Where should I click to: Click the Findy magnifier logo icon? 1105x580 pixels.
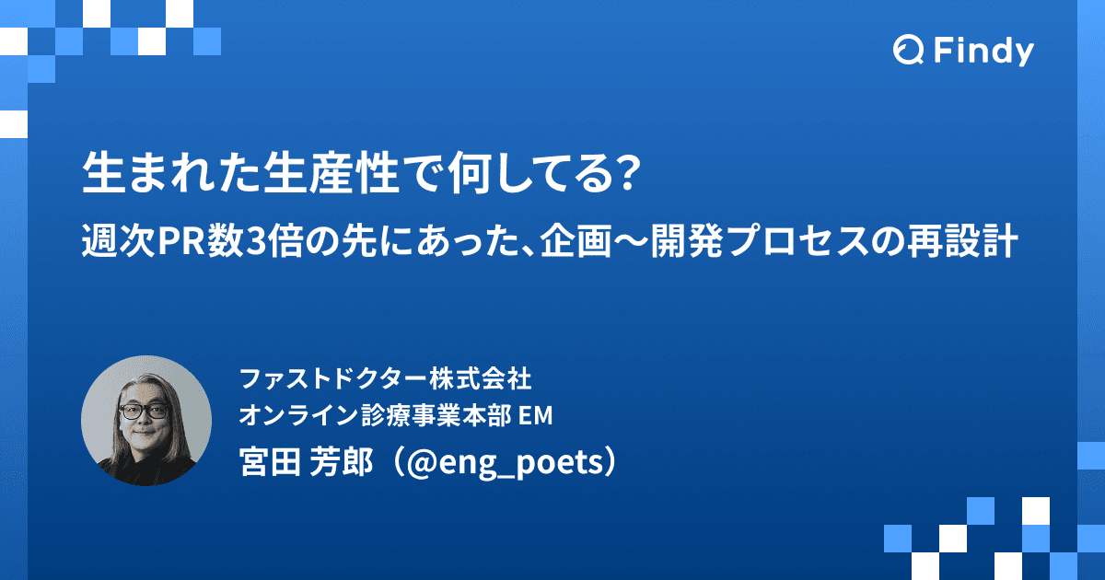(x=908, y=52)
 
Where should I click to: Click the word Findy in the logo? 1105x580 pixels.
(x=983, y=52)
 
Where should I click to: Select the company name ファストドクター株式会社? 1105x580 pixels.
(x=385, y=378)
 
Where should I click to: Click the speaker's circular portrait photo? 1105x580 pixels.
(x=146, y=421)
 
